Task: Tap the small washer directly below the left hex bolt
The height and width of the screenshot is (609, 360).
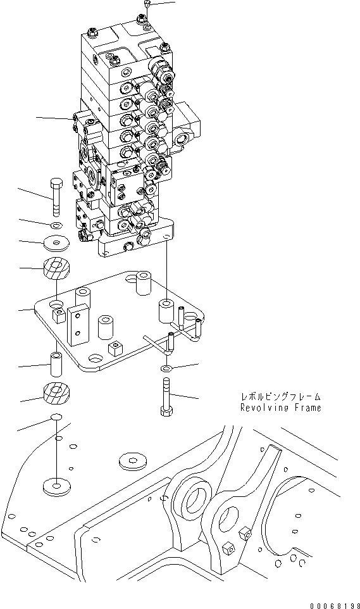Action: coord(55,225)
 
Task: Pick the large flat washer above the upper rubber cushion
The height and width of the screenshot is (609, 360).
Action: coord(55,243)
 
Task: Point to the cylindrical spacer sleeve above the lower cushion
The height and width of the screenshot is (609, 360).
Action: coord(55,366)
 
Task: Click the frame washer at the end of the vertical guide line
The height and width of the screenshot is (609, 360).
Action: coord(56,487)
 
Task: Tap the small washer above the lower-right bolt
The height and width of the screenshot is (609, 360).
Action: coord(165,368)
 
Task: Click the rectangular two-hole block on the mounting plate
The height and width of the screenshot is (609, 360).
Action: coord(77,324)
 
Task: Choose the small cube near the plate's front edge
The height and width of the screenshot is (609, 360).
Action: coord(115,348)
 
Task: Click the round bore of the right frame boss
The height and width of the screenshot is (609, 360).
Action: coord(226,511)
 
